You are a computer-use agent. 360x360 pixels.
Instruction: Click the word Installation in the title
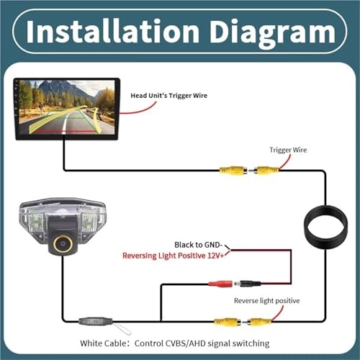(112, 32)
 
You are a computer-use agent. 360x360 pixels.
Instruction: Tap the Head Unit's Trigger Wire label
(168, 96)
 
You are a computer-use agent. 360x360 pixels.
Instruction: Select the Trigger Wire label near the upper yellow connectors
(288, 150)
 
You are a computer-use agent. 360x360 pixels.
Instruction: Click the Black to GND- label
(198, 245)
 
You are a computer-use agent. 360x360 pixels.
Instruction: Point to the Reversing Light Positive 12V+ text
(173, 256)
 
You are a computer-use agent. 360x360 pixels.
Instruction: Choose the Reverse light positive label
(267, 301)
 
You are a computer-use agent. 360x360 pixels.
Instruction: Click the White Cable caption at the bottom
(175, 343)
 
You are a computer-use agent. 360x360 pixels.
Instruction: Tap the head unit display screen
(67, 109)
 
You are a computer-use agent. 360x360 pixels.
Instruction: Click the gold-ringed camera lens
(63, 244)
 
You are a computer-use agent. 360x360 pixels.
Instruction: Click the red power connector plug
(221, 284)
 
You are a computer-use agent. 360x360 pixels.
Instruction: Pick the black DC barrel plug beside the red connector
(248, 284)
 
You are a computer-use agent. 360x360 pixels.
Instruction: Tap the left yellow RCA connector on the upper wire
(233, 171)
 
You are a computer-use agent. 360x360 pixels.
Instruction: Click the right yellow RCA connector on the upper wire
(264, 171)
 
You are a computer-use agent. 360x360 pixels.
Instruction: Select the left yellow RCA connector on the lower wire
(228, 321)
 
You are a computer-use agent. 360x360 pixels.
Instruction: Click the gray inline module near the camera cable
(96, 321)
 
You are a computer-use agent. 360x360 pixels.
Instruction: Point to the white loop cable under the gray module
(122, 328)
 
